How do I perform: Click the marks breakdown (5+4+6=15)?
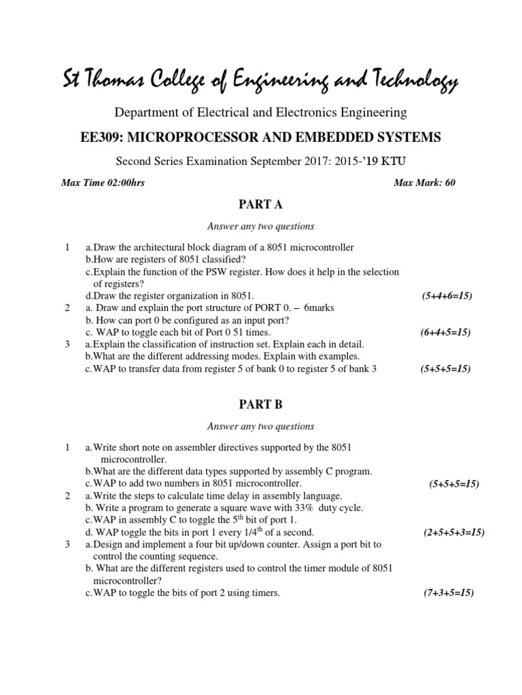pyautogui.click(x=447, y=296)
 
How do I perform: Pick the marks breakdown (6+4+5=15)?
pyautogui.click(x=446, y=333)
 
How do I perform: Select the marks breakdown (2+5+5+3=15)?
pyautogui.click(x=453, y=532)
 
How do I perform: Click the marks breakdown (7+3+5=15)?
pyautogui.click(x=448, y=593)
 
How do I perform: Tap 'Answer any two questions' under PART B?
pyautogui.click(x=260, y=426)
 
